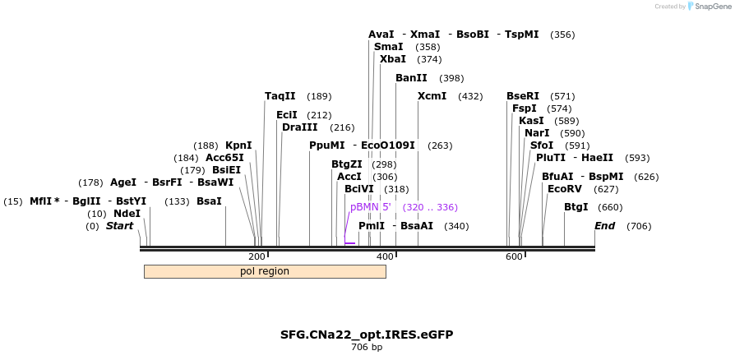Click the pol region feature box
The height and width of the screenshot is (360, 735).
click(x=265, y=271)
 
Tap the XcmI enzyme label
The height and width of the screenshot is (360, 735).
click(x=432, y=96)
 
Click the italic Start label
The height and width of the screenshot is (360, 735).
click(x=119, y=226)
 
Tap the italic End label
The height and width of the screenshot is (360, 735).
click(x=604, y=226)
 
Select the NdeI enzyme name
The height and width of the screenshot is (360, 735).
click(x=127, y=214)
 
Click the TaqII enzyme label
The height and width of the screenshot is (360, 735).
click(x=280, y=96)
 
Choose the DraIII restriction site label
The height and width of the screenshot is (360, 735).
click(x=299, y=127)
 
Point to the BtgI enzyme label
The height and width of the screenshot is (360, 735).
click(x=576, y=207)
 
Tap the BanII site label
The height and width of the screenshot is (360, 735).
click(x=411, y=78)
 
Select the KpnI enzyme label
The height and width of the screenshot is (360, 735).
click(x=238, y=145)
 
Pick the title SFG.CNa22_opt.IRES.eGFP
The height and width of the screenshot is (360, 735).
click(x=367, y=335)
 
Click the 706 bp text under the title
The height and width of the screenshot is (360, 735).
click(x=367, y=347)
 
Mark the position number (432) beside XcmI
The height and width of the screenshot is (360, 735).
click(x=470, y=96)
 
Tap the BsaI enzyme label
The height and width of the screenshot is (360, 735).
click(x=209, y=201)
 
